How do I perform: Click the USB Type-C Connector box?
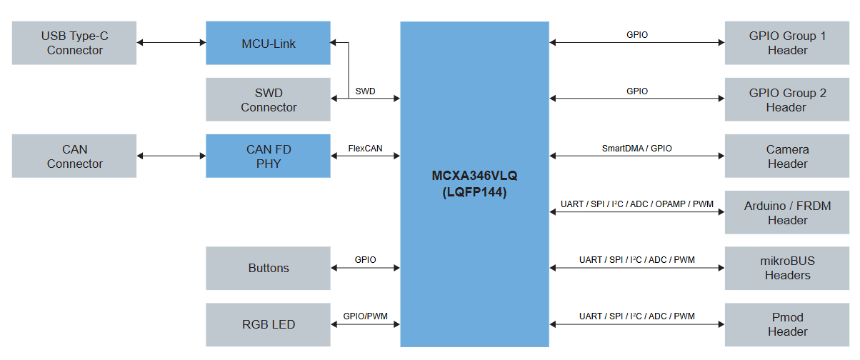click(x=74, y=43)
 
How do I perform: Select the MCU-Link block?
click(x=268, y=43)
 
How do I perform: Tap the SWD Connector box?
click(x=268, y=100)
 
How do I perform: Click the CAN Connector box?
click(x=74, y=156)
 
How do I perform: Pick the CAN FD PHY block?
click(x=268, y=156)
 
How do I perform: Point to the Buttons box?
click(x=268, y=268)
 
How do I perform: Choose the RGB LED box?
click(x=268, y=324)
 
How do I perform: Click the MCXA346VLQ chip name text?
click(x=474, y=176)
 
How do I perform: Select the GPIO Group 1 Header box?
click(x=787, y=43)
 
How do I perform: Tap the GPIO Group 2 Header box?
click(x=787, y=100)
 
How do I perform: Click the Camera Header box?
click(x=787, y=156)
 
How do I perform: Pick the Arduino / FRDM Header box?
click(x=787, y=213)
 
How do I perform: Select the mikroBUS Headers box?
click(x=787, y=268)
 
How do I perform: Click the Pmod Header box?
click(x=787, y=324)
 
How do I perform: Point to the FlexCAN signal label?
click(x=365, y=148)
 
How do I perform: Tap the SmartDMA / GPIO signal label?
click(x=636, y=149)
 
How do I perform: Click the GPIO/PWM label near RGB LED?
click(x=365, y=316)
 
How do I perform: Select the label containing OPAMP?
click(x=636, y=204)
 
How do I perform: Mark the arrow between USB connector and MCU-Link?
click(x=171, y=43)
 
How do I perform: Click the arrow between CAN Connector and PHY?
click(x=171, y=156)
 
